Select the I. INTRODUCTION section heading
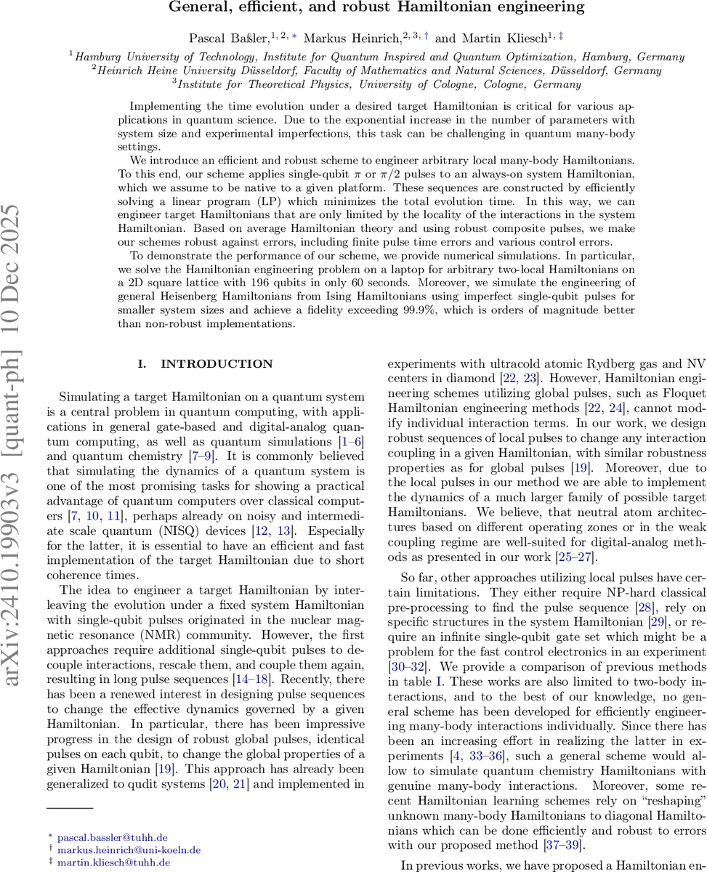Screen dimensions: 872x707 point(206,364)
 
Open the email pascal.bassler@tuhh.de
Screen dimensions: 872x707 point(112,837)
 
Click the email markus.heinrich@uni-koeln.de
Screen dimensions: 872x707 point(129,849)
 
